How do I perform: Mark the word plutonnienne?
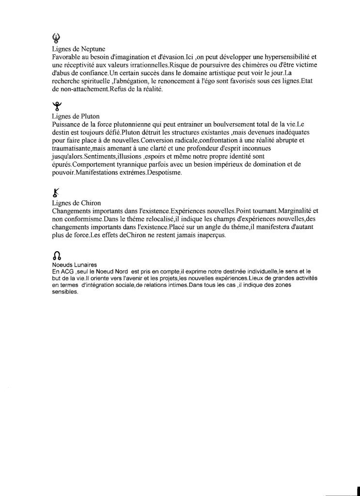tap(136, 124)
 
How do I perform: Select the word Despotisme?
tap(161, 172)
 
